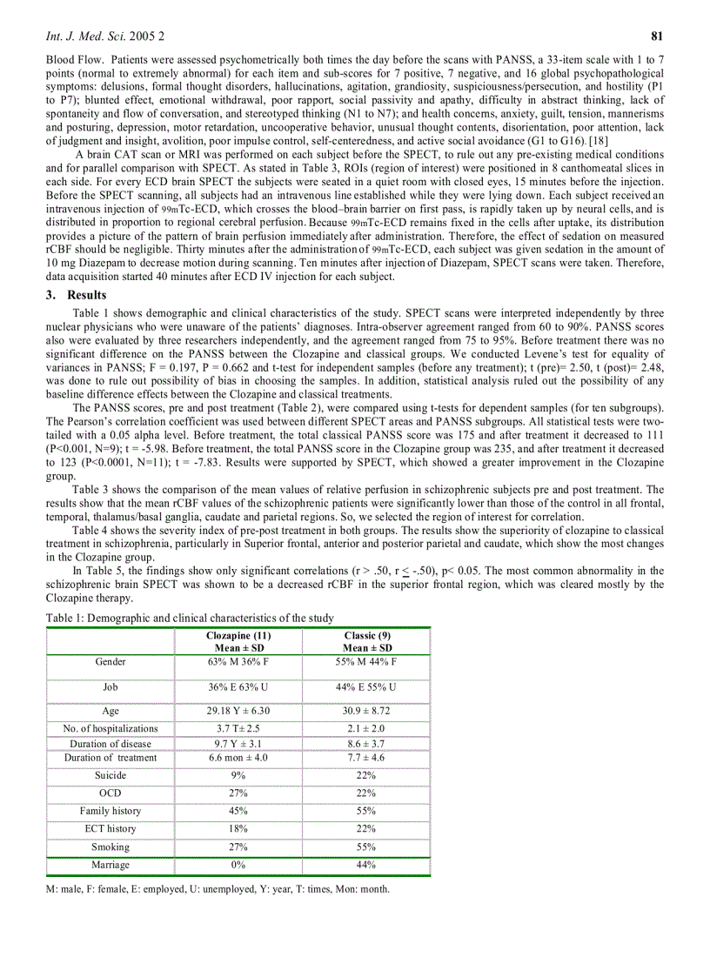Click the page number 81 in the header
pyautogui.click(x=658, y=37)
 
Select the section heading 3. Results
pyautogui.click(x=76, y=295)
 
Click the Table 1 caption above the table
pyautogui.click(x=190, y=618)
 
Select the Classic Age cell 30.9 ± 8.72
pyautogui.click(x=366, y=711)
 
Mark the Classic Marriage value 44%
pyautogui.click(x=366, y=865)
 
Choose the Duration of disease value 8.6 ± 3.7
pyautogui.click(x=366, y=744)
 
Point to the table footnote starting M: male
pyautogui.click(x=218, y=889)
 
